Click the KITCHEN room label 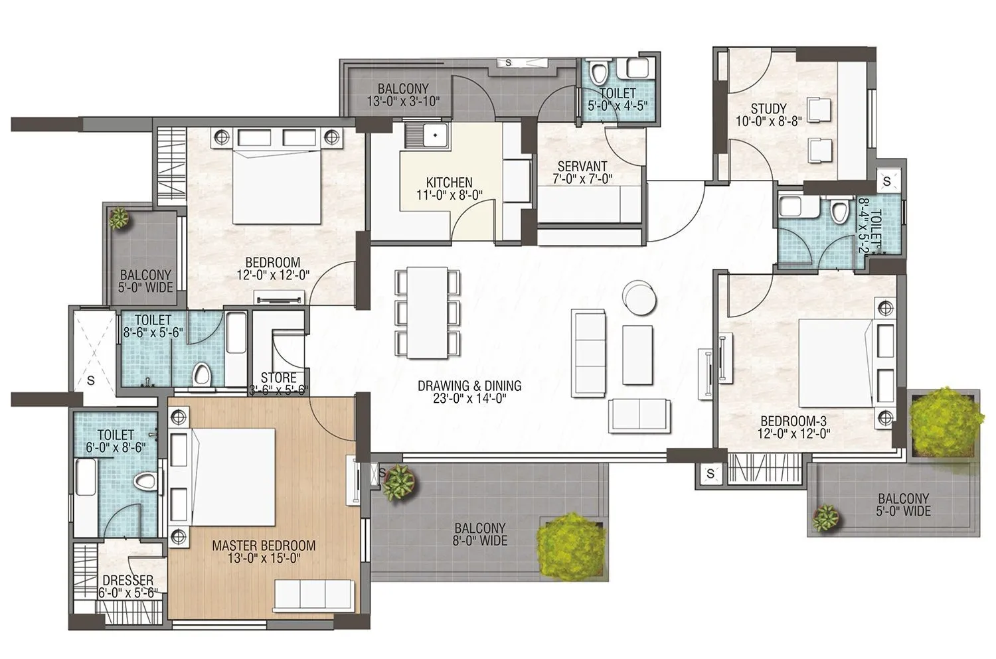coord(449,183)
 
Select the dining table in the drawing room coord(428,312)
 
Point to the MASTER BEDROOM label coord(264,546)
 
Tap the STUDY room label coord(768,108)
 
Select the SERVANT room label coord(582,167)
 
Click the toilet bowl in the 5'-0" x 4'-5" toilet coord(599,71)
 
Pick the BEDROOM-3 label coord(793,421)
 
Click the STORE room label coord(278,378)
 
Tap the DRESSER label coord(127,580)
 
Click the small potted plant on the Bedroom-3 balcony coord(826,516)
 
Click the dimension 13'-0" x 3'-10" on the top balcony coord(403,101)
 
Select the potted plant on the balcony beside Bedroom coord(120,218)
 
